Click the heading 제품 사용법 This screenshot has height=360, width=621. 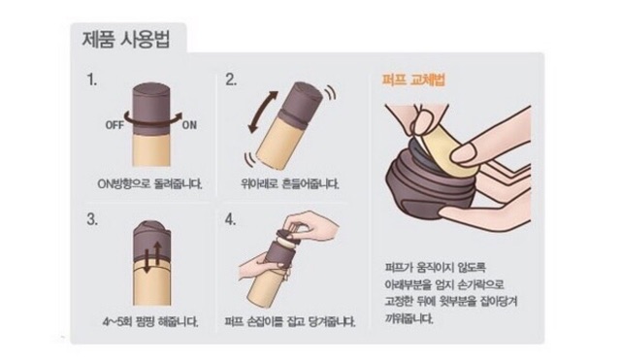(126, 41)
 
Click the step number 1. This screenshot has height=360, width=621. (92, 81)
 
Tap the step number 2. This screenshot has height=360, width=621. (231, 80)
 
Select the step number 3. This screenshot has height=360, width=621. (92, 219)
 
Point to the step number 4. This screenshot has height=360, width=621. (230, 219)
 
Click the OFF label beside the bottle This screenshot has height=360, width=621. (114, 125)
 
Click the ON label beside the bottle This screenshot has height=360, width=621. (189, 125)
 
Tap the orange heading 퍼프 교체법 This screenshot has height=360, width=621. (414, 80)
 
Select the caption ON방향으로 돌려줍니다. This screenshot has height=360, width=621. (149, 184)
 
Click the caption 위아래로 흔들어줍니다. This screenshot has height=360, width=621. (290, 184)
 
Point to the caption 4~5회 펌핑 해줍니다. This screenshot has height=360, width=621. (150, 321)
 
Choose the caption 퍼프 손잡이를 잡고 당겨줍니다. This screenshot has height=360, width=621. (290, 321)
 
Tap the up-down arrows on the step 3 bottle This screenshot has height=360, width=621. (152, 256)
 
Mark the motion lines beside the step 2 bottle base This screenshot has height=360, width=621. (250, 159)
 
